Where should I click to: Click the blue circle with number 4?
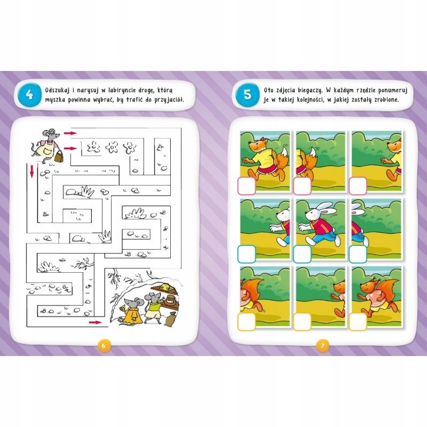[x=29, y=95]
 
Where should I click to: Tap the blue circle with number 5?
[x=248, y=94]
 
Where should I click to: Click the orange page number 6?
[x=103, y=345]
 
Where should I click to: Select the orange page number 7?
[x=323, y=345]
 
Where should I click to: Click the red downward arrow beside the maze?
[x=32, y=171]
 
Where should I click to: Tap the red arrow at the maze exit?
[x=95, y=322]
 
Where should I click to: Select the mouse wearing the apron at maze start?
[x=46, y=145]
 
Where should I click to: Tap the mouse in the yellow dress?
[x=131, y=311]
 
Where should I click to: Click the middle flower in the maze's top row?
[x=112, y=147]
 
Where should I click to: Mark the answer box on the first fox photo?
[x=247, y=186]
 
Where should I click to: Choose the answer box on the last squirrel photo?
[x=358, y=322]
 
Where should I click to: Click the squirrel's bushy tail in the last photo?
[x=389, y=292]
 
